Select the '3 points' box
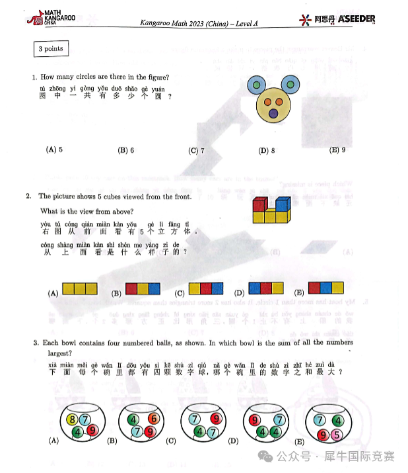coord(50,48)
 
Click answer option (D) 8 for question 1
coord(267,150)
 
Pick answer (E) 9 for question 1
coord(337,150)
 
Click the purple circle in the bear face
coord(273,114)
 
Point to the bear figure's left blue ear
coord(257,84)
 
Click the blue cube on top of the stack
coord(282,204)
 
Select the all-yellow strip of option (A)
coord(80,288)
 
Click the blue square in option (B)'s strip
coord(154,288)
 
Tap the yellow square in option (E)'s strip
coord(337,288)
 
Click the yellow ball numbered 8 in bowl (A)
coord(73,419)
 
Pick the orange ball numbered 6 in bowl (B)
coord(153,419)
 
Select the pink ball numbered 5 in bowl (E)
coord(336,435)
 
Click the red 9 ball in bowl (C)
coord(215,418)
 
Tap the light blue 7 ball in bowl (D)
coord(279,420)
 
